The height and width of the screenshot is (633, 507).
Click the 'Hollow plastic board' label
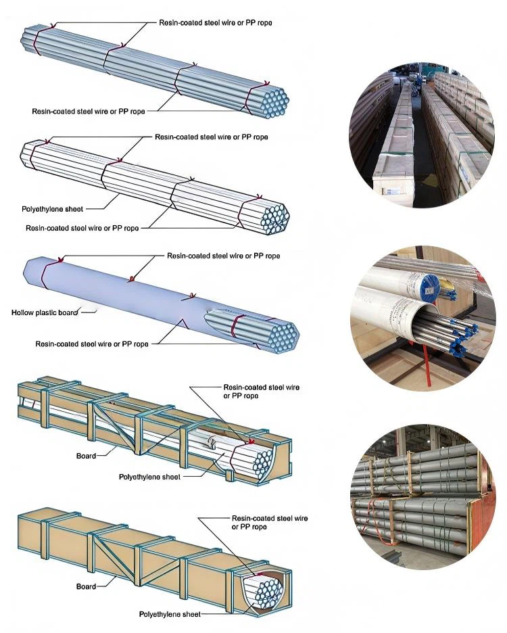click(x=45, y=312)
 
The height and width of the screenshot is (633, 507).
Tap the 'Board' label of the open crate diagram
click(x=86, y=456)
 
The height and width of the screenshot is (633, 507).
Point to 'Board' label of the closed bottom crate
click(x=86, y=586)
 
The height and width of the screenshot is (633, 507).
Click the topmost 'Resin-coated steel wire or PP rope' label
click(x=216, y=23)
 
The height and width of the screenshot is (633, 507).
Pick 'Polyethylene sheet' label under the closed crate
click(x=169, y=614)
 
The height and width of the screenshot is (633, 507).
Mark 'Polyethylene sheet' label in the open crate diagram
click(x=149, y=477)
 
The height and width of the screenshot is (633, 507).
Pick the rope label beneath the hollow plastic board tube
click(x=92, y=344)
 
